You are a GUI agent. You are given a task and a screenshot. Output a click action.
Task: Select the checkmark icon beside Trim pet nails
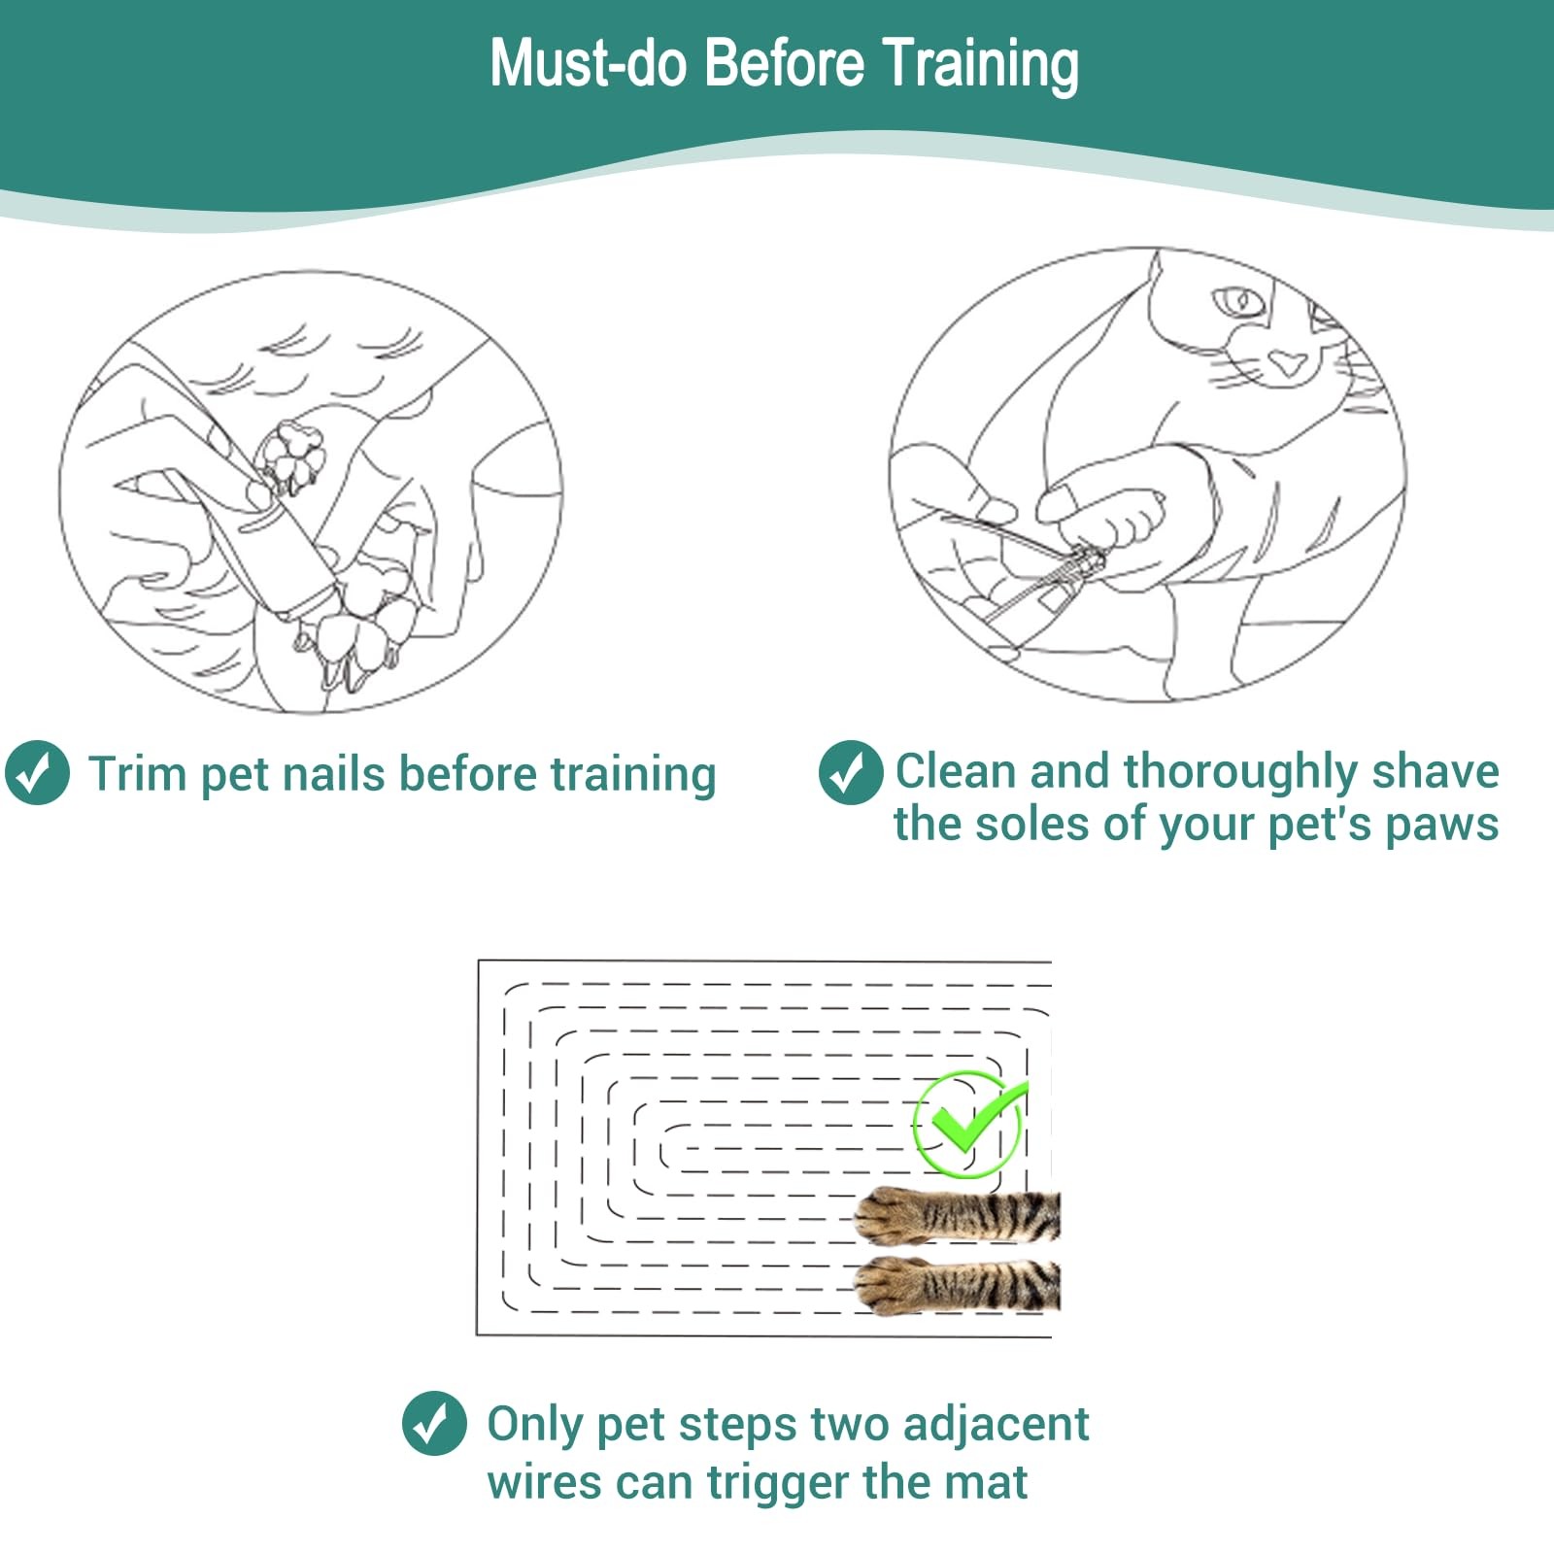coord(37,773)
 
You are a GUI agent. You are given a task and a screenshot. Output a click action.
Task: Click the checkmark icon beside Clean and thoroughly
coord(851,772)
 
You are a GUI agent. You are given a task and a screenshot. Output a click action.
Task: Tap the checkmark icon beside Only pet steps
coord(434,1424)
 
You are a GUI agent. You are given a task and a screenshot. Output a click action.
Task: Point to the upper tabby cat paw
coord(957,1215)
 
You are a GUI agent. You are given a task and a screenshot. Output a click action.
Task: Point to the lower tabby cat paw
coord(957,1286)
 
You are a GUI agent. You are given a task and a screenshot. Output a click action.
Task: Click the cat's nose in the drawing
coord(1288,363)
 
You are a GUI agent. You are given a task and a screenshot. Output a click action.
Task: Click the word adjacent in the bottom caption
coord(996,1426)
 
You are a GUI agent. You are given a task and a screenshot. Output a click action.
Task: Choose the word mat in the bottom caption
coord(993,1484)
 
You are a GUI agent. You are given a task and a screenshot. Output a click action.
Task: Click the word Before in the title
coord(784,63)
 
